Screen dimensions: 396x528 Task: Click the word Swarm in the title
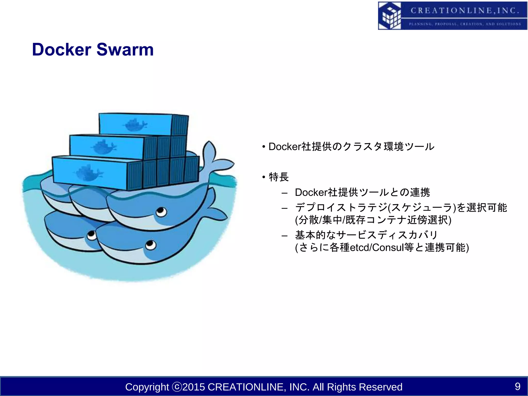click(125, 49)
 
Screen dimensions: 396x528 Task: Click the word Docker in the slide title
click(62, 49)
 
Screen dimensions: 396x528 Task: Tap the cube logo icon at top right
click(390, 16)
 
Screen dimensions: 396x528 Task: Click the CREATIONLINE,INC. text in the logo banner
click(464, 11)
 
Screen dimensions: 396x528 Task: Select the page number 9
click(517, 386)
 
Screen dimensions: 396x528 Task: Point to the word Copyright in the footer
click(147, 387)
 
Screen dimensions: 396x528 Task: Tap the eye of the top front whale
click(161, 212)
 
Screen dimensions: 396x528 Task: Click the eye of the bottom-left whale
click(91, 235)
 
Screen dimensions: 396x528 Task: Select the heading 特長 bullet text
click(279, 177)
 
